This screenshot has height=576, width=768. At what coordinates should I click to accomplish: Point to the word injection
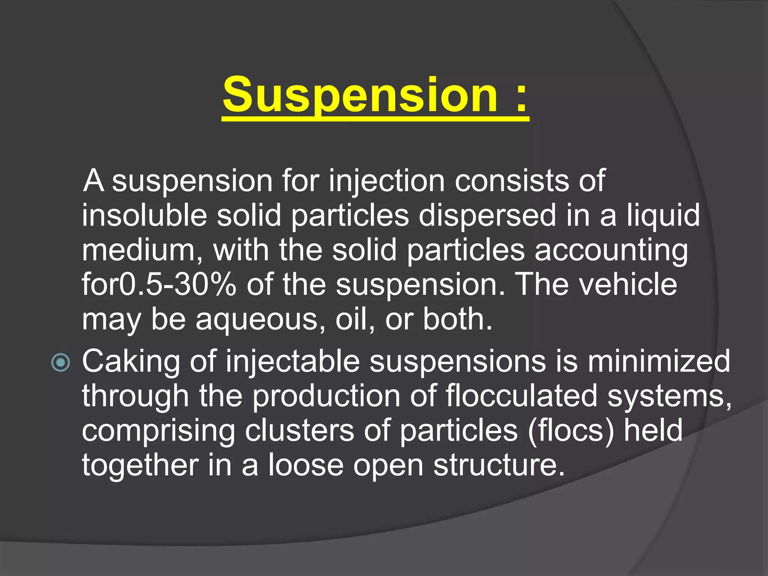[x=387, y=181]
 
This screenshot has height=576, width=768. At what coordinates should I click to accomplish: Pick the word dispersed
[x=487, y=216]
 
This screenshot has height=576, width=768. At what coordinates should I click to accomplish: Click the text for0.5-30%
[x=159, y=284]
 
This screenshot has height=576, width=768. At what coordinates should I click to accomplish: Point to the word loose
[x=306, y=465]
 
